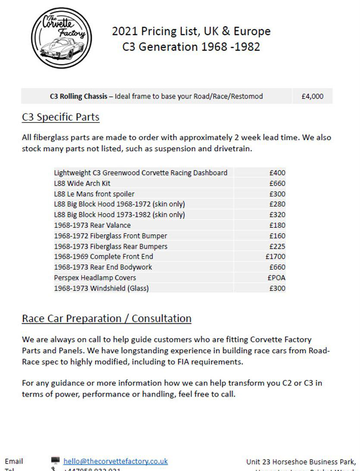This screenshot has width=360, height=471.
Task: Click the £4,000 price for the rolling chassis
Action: (312, 96)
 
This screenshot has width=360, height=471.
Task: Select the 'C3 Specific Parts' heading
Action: (60, 117)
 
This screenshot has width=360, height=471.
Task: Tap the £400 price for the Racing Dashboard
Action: (277, 173)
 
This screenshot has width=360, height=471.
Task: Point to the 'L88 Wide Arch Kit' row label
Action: (82, 183)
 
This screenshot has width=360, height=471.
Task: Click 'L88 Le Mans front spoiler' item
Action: (94, 194)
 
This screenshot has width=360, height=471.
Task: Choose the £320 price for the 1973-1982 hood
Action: (277, 215)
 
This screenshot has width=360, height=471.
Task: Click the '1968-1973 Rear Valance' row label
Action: (92, 225)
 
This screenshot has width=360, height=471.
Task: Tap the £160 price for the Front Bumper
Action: (277, 236)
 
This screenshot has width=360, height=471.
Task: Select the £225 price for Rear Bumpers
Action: (277, 246)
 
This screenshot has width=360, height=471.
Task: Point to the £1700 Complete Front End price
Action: (275, 257)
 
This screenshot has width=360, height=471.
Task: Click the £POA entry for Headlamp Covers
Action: (276, 278)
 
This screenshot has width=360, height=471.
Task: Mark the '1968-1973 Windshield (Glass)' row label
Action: (101, 288)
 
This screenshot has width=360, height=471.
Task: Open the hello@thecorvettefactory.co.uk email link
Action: (116, 462)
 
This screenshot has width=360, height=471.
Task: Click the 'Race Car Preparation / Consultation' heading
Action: (106, 318)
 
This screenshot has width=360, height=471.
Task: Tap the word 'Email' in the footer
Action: (14, 462)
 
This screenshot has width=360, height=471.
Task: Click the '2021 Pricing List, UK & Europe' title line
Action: (191, 31)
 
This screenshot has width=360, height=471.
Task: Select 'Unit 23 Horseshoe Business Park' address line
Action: (301, 462)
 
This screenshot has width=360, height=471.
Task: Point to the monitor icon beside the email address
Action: (55, 461)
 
